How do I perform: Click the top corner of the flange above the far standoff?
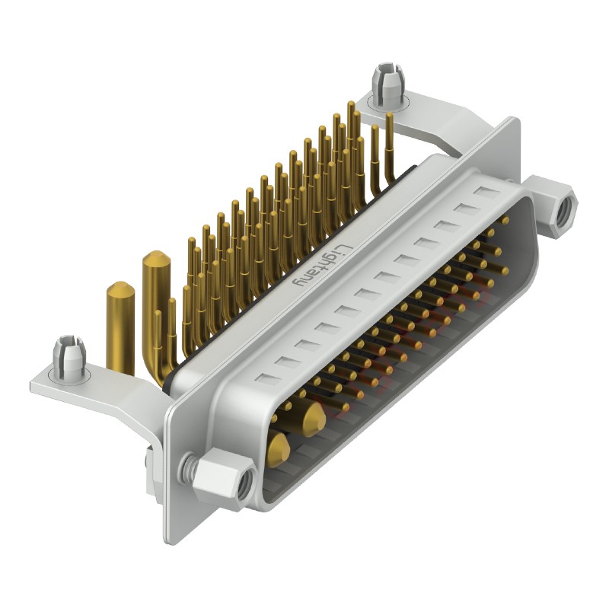pyautogui.click(x=515, y=122)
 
